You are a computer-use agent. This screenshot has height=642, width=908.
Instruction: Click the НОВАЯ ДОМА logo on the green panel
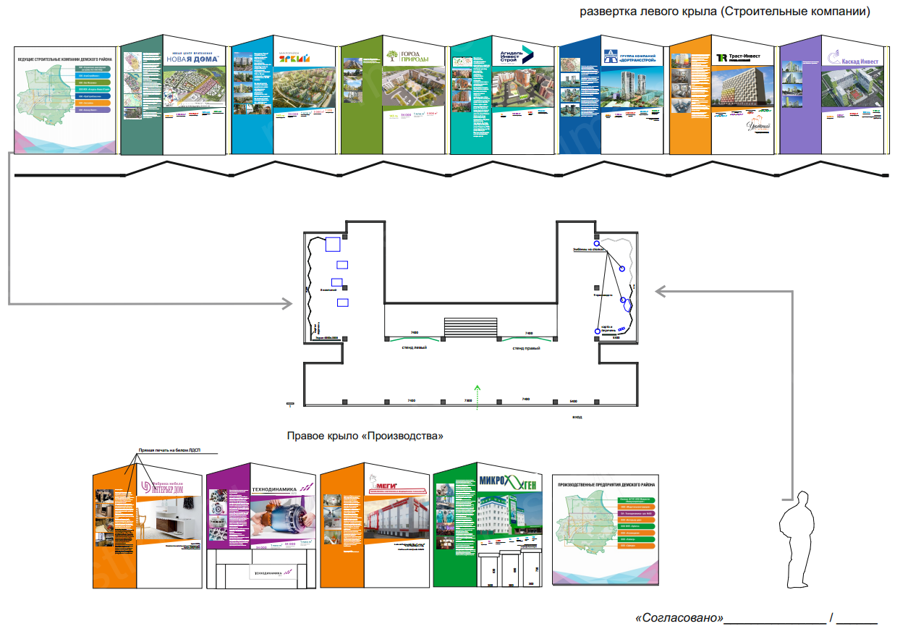click(x=192, y=59)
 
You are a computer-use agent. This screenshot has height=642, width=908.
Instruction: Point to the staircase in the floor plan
click(x=470, y=326)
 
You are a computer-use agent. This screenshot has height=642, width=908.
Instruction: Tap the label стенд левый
click(x=415, y=347)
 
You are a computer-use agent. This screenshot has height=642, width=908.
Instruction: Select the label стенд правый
click(x=527, y=347)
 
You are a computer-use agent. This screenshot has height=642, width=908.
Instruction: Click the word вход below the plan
click(x=577, y=417)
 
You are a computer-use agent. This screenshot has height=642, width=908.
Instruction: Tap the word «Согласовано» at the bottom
click(x=679, y=618)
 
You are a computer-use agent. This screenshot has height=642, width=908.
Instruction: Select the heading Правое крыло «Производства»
click(x=365, y=436)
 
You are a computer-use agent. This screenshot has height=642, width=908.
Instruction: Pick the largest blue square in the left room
click(x=333, y=244)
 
